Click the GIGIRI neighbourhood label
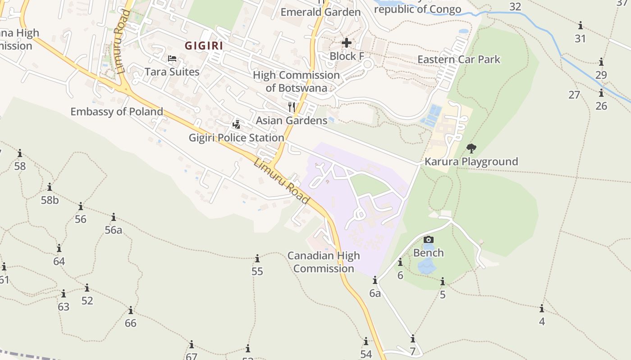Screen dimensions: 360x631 click(x=204, y=45)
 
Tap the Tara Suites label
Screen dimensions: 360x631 click(x=172, y=72)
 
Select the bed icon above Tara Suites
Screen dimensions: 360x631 click(x=172, y=58)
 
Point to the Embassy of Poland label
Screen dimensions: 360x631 click(x=117, y=111)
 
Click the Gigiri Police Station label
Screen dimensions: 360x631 click(x=236, y=137)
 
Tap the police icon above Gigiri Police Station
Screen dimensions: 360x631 click(x=236, y=124)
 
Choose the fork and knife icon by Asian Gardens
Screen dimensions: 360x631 click(x=292, y=107)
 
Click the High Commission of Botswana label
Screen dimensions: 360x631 click(x=296, y=81)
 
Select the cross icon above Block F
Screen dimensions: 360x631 click(x=347, y=43)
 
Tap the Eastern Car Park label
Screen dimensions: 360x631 click(x=459, y=59)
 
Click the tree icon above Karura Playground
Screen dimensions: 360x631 click(x=471, y=148)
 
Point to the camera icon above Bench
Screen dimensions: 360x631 click(x=429, y=239)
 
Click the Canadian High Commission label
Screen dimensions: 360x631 click(x=324, y=262)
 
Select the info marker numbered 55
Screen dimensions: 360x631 click(x=257, y=259)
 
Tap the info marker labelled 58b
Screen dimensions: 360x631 click(x=50, y=187)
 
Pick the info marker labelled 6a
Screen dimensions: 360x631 click(x=375, y=281)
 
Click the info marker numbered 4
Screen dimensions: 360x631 click(x=542, y=309)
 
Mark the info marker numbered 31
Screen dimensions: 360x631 click(x=581, y=26)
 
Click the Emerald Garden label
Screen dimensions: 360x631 click(x=320, y=12)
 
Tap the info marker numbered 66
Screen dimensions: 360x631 click(x=131, y=310)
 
